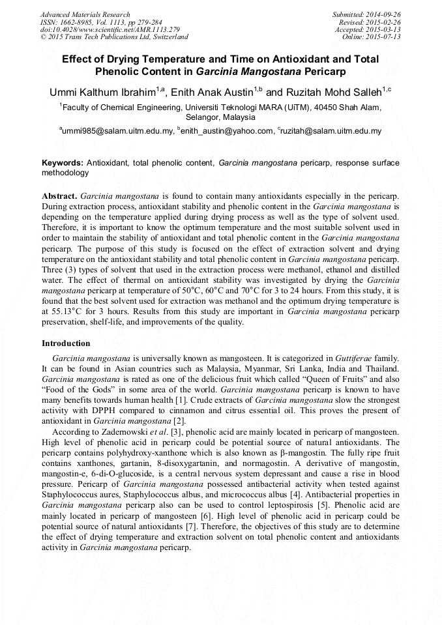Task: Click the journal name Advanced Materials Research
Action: (85, 14)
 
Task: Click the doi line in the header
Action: (110, 29)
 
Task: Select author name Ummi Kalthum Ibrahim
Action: (104, 92)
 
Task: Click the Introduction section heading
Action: (66, 343)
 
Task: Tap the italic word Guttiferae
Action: (356, 358)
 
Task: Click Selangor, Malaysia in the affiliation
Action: (221, 118)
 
